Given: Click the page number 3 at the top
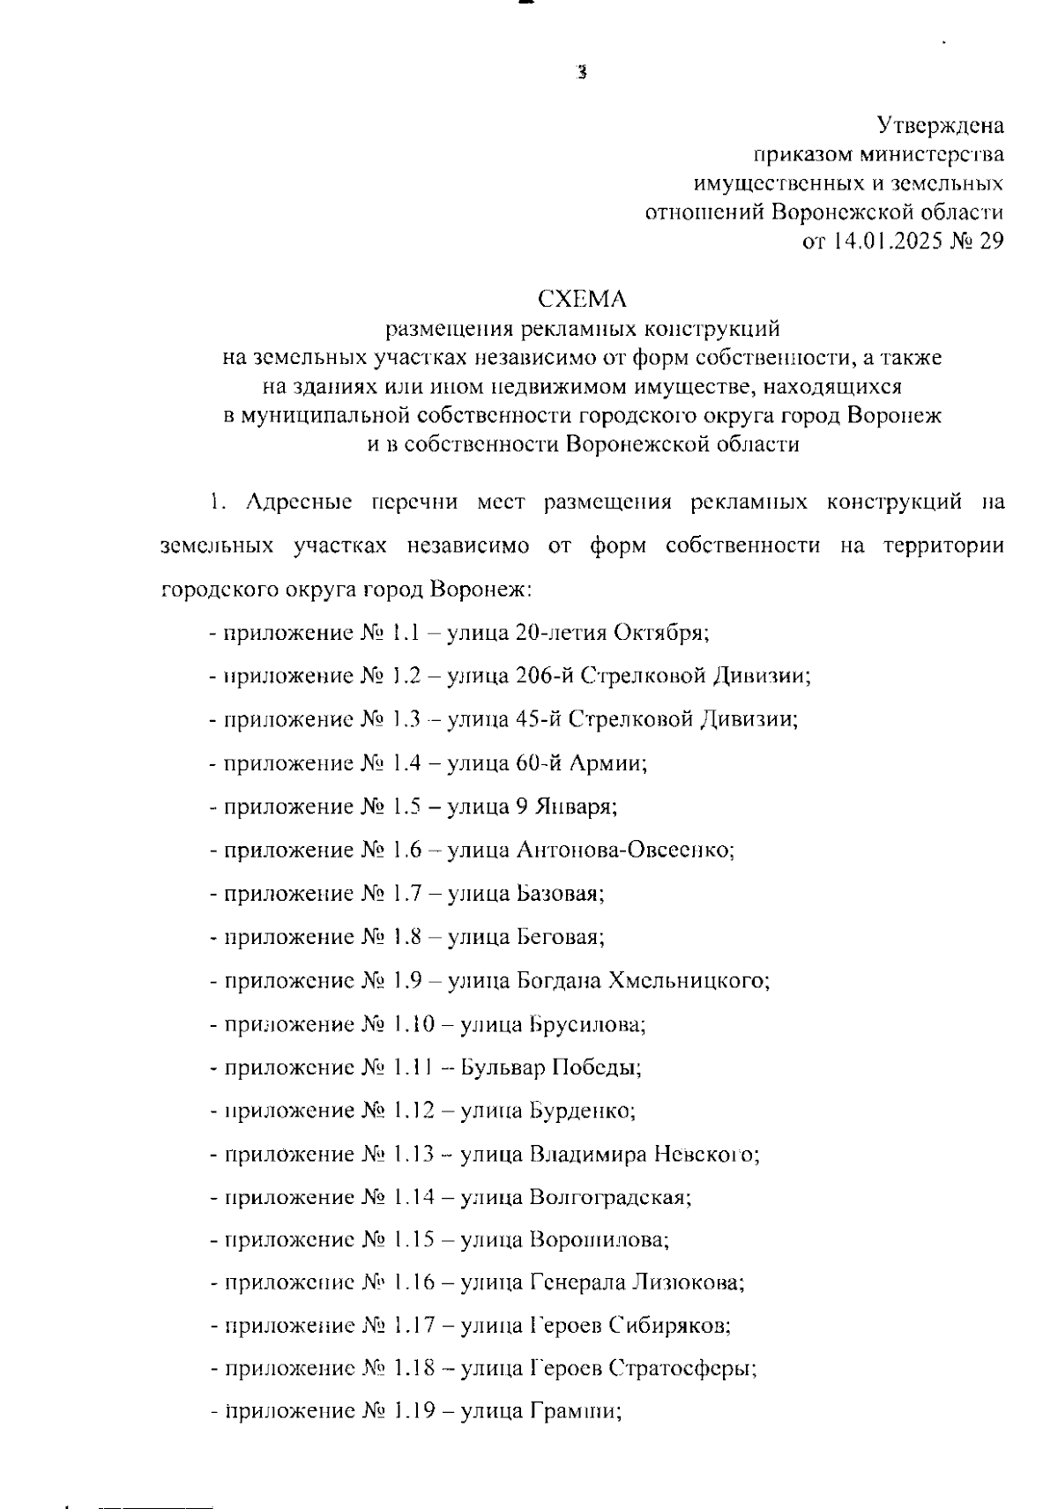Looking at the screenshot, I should pyautogui.click(x=580, y=74).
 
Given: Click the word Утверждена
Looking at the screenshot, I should pyautogui.click(x=940, y=126).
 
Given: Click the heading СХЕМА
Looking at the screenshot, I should pyautogui.click(x=582, y=300).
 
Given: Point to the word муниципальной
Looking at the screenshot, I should pyautogui.click(x=322, y=415).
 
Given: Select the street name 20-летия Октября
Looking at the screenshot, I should pyautogui.click(x=608, y=633).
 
